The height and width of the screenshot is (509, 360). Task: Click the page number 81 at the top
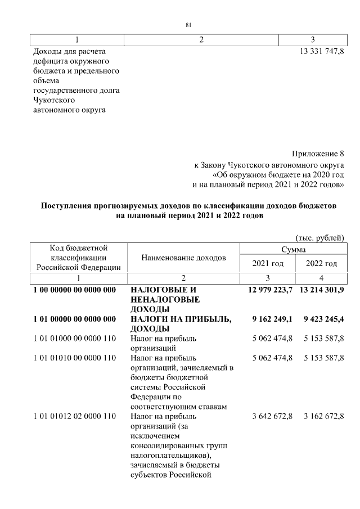[x=188, y=24]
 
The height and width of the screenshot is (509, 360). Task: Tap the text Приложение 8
[x=318, y=154]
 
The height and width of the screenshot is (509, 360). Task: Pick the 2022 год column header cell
[x=321, y=263]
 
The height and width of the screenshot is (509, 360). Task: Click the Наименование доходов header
[x=183, y=258]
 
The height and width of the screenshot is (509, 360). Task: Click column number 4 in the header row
[x=321, y=278]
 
